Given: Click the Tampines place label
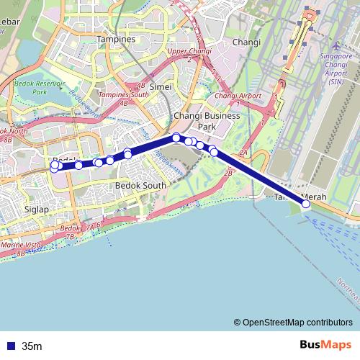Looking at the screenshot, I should [x=116, y=39].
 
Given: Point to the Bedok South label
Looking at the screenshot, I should [x=140, y=185].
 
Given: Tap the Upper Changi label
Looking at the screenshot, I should [x=186, y=52].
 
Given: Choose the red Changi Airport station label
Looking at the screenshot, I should [x=238, y=96].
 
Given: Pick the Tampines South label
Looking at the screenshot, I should [x=123, y=94].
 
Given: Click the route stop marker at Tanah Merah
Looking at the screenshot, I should [x=306, y=204].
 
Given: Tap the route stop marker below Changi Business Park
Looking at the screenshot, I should [x=176, y=138].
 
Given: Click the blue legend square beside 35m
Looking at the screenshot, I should [x=9, y=346].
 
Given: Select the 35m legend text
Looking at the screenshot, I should [x=32, y=346].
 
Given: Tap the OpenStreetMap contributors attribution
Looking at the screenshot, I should [x=297, y=323].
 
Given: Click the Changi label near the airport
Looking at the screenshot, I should [x=246, y=42].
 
